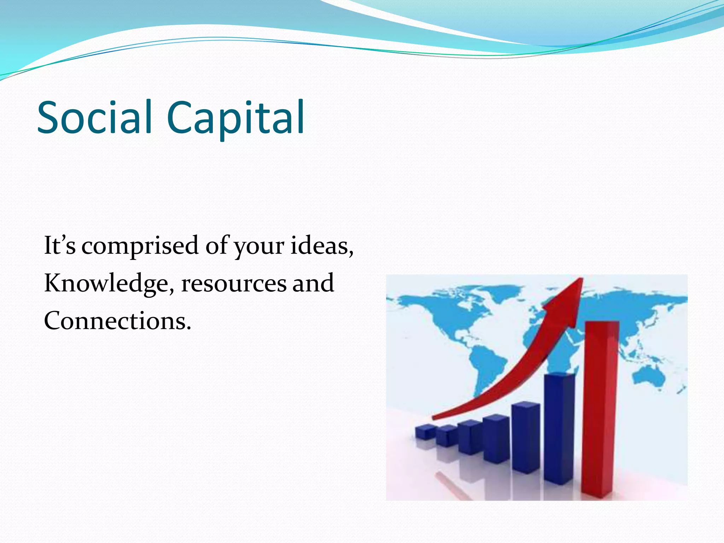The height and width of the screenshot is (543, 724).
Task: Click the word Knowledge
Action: click(x=106, y=284)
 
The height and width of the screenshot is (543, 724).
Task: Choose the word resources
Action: click(x=234, y=284)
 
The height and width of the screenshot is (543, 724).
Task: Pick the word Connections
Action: click(x=113, y=321)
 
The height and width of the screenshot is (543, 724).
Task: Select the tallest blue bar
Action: click(x=559, y=428)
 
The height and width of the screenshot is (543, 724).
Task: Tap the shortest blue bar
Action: click(x=425, y=432)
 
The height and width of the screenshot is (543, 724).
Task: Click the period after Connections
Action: click(x=189, y=328)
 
